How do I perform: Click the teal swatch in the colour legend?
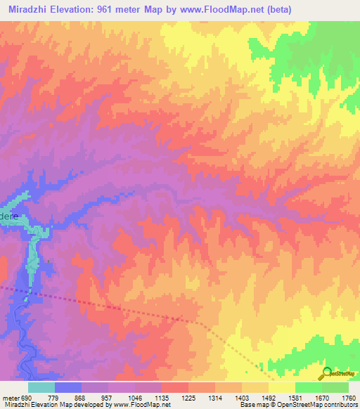point(41,387)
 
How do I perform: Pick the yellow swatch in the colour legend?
point(281,387)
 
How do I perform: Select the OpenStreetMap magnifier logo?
point(327,373)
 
